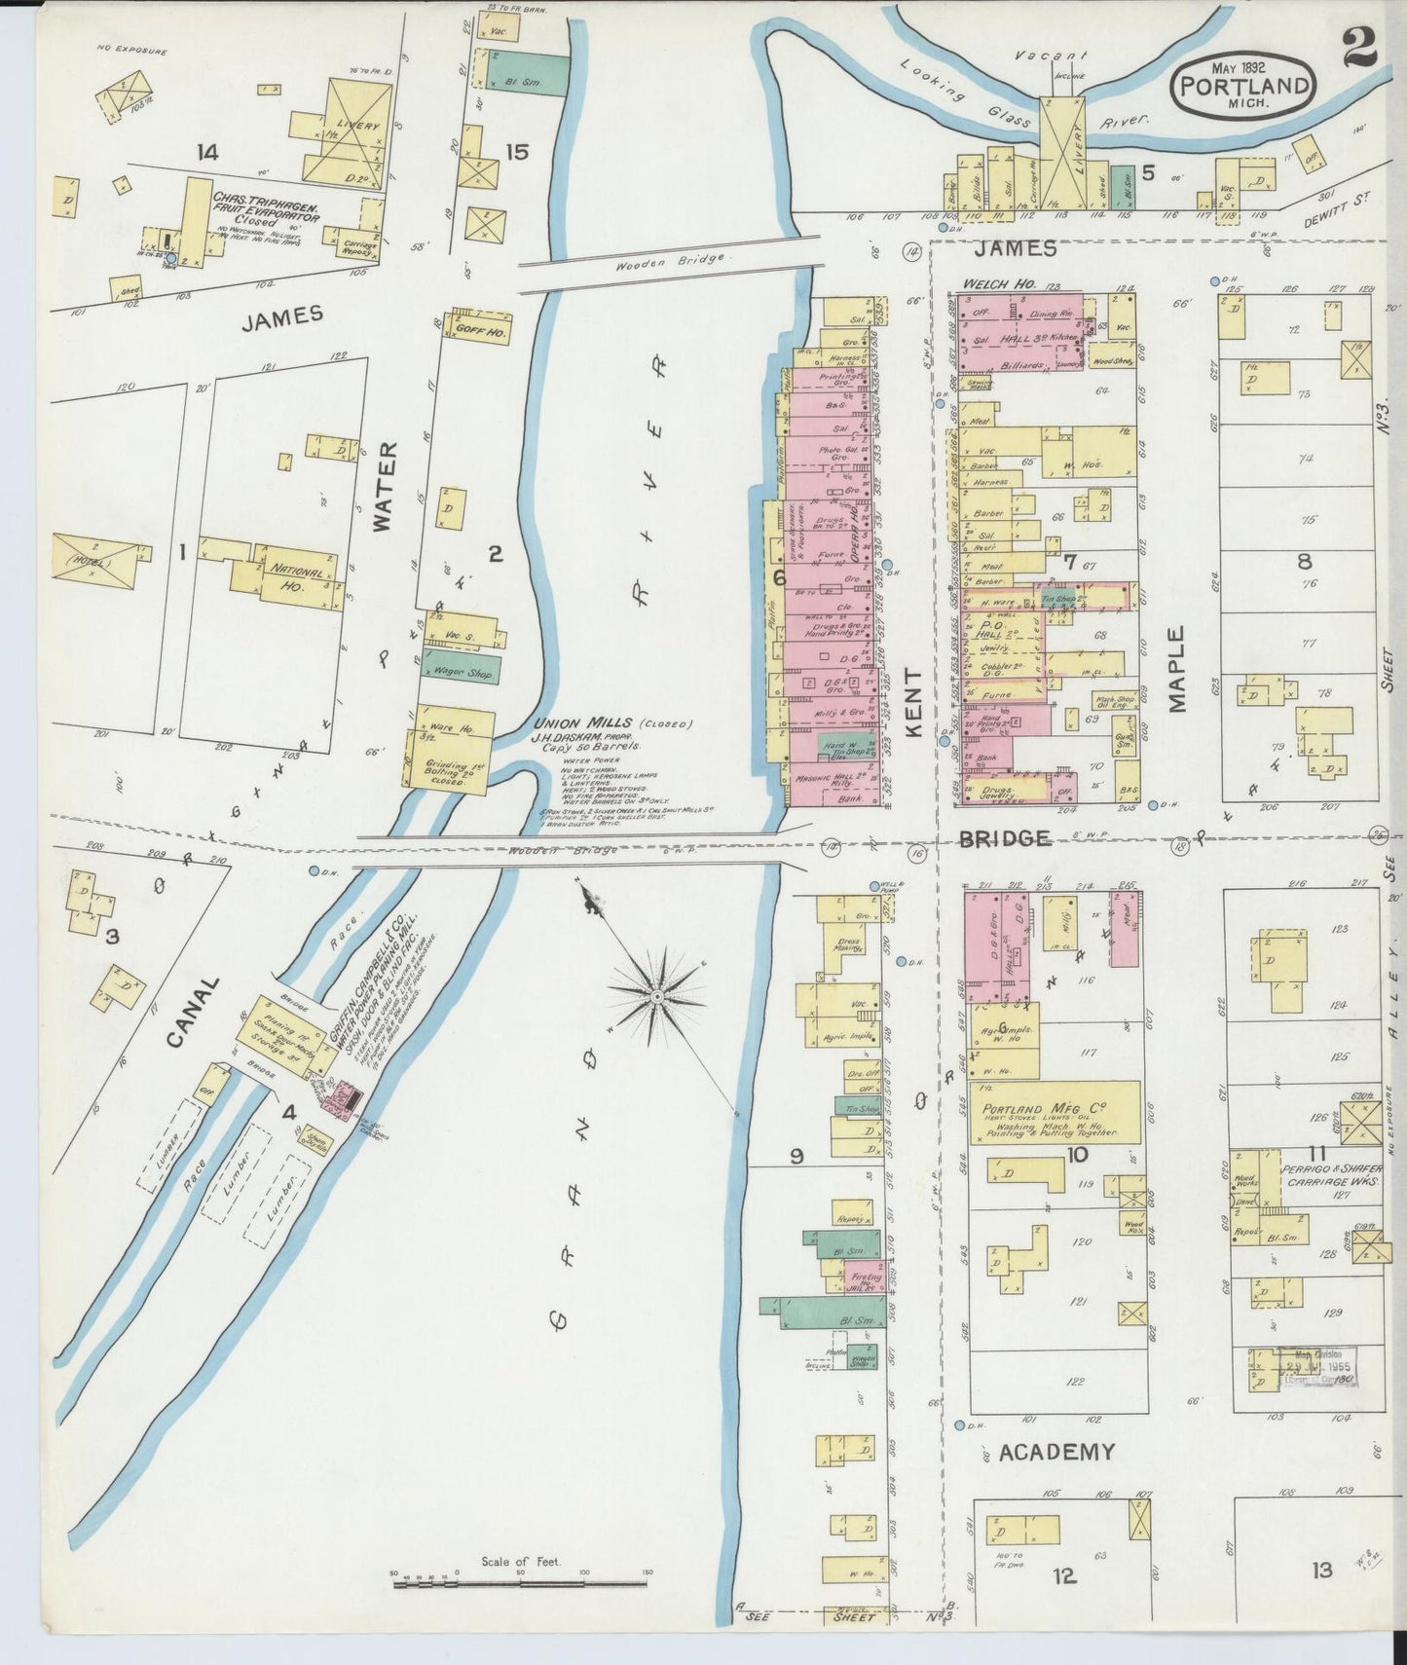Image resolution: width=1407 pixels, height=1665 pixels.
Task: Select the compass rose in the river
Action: pos(657,996)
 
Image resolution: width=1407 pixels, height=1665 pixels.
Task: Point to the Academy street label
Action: pos(1055,1453)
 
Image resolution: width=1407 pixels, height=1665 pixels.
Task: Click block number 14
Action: pos(206,151)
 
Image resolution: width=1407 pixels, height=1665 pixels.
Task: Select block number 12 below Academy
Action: pos(1065,1574)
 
